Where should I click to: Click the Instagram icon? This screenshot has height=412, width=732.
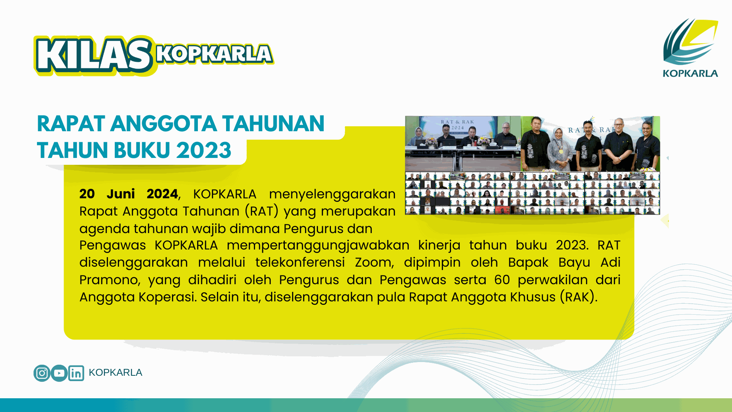tap(42, 373)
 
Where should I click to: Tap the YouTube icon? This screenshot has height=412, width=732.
tap(59, 373)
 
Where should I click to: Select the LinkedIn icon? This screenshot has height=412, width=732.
tap(76, 373)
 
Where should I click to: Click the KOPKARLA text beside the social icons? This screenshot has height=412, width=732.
tap(116, 372)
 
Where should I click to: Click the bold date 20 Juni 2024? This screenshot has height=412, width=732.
tap(128, 194)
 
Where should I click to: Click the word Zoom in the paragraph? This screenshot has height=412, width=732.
tap(374, 262)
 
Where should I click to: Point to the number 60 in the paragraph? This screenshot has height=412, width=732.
tap(502, 280)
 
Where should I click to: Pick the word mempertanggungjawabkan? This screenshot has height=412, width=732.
tap(318, 245)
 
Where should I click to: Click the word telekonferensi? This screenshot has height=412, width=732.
tap(300, 262)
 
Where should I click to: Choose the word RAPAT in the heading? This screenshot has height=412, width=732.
tap(71, 124)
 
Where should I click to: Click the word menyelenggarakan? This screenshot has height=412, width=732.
tap(332, 194)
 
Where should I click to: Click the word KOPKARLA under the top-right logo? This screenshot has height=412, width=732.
tap(690, 73)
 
